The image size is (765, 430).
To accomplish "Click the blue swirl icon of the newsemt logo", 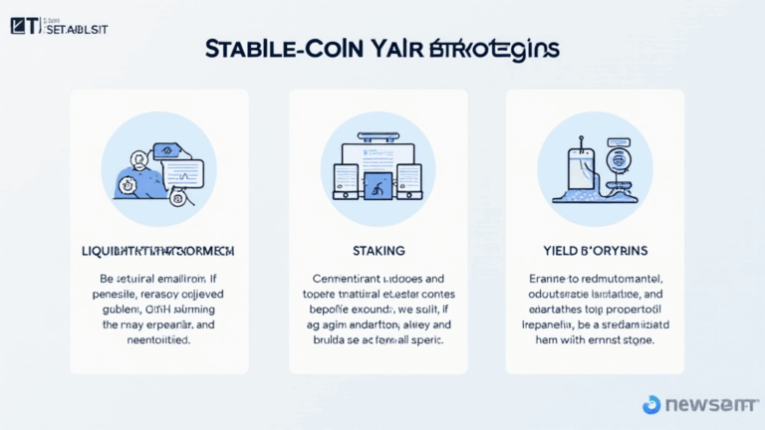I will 651,404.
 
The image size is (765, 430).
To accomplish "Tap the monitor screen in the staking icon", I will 377,154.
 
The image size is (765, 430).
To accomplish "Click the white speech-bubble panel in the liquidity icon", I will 178,171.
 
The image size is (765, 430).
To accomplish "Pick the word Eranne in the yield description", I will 545,280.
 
